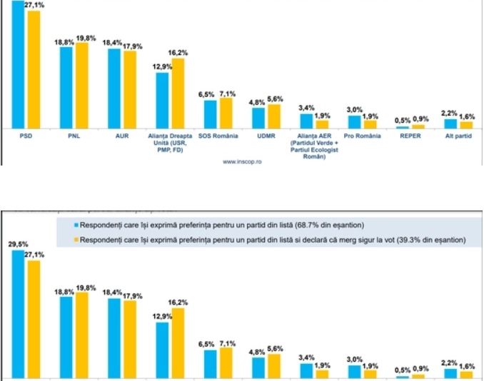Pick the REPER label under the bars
(x=410, y=134)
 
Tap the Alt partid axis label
(x=458, y=134)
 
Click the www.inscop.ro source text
(x=241, y=161)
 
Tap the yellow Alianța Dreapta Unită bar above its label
(x=178, y=93)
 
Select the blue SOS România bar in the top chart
(x=210, y=113)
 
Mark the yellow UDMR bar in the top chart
(x=274, y=116)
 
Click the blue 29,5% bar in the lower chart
(x=19, y=314)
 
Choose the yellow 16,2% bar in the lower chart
(x=178, y=342)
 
